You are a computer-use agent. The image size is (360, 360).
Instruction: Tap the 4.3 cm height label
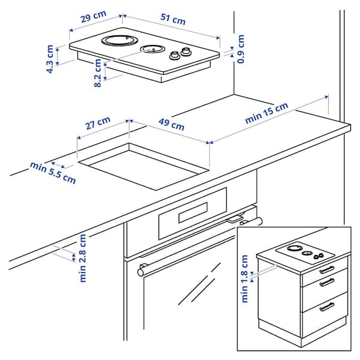50,58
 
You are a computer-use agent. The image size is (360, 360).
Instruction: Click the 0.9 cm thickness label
241,49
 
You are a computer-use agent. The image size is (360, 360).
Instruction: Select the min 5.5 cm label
53,172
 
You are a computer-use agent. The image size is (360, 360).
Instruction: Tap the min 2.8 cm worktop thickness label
83,257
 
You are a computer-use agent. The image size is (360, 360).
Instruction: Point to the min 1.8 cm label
245,278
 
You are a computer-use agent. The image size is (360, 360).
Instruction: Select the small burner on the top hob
152,49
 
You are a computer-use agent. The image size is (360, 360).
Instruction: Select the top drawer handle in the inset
326,269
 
